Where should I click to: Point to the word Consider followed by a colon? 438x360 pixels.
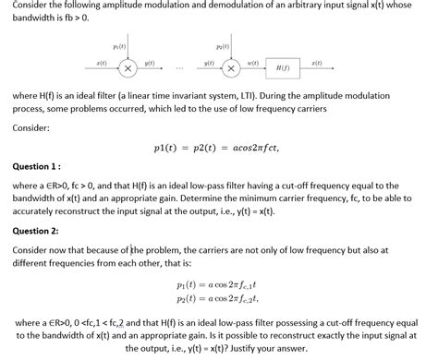pos(32,127)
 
